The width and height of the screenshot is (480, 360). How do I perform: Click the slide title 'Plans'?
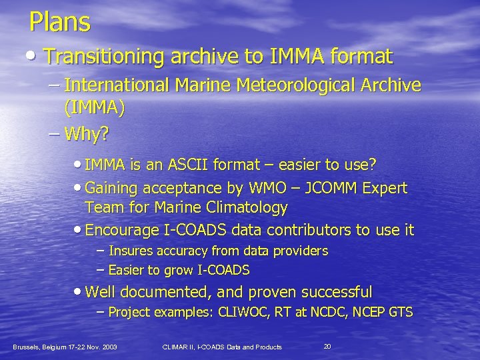(59, 23)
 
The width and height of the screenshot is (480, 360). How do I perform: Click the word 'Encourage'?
(119, 230)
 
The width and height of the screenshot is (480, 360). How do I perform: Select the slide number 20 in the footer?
(327, 347)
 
